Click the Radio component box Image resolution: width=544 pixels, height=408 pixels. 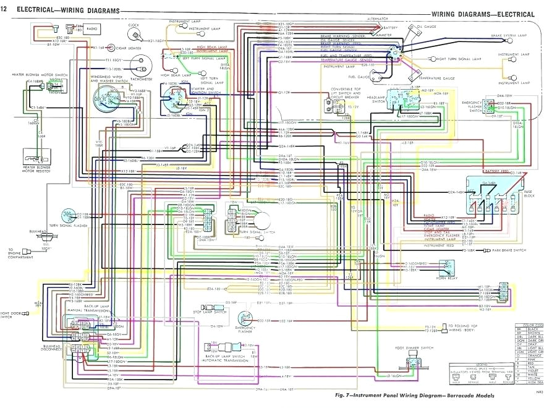(92, 28)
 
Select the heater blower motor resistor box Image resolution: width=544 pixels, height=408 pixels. (35, 156)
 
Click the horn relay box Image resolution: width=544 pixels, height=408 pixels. (446, 267)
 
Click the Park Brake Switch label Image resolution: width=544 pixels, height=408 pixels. (509, 250)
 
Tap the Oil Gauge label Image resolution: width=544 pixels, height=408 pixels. (427, 27)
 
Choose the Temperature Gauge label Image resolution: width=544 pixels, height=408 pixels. (437, 79)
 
